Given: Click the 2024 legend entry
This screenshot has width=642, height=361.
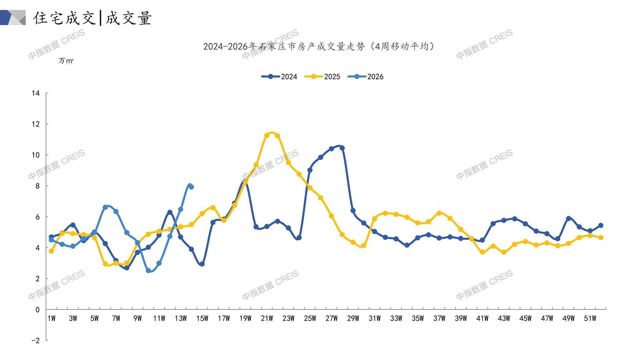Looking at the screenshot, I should point(279,76).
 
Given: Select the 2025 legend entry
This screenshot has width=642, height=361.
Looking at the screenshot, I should point(322,76).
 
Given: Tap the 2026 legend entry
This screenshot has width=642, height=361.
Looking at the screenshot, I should point(365,76).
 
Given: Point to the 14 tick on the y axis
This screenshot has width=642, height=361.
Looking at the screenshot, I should point(36,93).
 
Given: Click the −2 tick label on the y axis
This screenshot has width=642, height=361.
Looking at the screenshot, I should point(35,341).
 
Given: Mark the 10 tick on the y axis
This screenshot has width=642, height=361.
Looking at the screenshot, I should point(36,155).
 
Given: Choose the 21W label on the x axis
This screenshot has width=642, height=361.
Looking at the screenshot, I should point(267,318).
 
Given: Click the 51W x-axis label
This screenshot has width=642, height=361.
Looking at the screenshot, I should point(590,318).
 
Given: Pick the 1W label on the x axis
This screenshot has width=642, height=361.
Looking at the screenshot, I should point(51,318).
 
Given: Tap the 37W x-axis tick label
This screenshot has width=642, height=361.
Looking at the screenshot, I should point(439,318).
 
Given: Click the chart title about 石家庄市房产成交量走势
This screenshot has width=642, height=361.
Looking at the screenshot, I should point(319,46).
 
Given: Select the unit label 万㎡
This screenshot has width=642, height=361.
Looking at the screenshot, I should point(66,61).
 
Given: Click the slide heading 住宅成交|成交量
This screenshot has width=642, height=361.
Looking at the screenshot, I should point(93,18).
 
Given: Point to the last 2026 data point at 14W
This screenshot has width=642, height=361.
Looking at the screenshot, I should point(191,187).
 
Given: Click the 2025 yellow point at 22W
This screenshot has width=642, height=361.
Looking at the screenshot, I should point(278,136).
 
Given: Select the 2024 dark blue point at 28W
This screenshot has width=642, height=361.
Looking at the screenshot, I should point(342,148).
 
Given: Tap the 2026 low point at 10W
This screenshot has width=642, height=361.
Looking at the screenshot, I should point(148,271).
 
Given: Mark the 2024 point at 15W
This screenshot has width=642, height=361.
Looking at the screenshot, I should point(202,264).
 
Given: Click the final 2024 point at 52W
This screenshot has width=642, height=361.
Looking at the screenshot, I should point(601,226).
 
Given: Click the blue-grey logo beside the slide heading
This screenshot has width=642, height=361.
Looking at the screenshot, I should point(13,18).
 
